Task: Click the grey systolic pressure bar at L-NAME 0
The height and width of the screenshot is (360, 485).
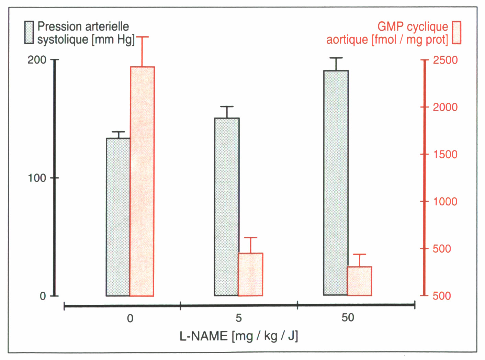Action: [x=118, y=217]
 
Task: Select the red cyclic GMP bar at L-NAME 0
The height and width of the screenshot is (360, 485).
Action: [x=142, y=181]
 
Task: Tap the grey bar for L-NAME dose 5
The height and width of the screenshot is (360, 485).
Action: [x=226, y=207]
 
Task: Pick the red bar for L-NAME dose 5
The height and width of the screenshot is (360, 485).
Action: [x=250, y=274]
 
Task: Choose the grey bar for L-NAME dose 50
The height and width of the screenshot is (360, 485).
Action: [x=336, y=183]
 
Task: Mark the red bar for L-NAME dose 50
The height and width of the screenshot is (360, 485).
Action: [x=359, y=281]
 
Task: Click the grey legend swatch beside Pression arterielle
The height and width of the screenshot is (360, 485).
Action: [x=29, y=33]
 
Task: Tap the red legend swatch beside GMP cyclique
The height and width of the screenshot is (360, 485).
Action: [x=456, y=33]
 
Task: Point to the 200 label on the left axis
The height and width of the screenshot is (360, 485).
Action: [x=37, y=60]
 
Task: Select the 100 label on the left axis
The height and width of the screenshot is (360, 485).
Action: [x=37, y=178]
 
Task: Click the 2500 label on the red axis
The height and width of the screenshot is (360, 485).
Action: [x=445, y=60]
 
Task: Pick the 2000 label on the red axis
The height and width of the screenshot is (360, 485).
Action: [x=445, y=107]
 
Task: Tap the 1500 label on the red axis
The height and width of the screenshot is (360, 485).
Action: [x=445, y=154]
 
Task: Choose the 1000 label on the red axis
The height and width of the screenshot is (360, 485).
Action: [x=445, y=201]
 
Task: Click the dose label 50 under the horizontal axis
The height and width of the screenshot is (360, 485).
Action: [x=348, y=317]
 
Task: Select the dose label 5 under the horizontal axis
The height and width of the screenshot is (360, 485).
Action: [x=238, y=318]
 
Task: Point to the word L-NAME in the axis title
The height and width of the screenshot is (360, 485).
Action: [x=203, y=336]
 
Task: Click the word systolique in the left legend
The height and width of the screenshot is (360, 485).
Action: [x=63, y=40]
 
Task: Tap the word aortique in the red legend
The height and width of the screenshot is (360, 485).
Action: [x=347, y=40]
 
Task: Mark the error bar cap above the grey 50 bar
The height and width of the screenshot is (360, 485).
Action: [x=336, y=58]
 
